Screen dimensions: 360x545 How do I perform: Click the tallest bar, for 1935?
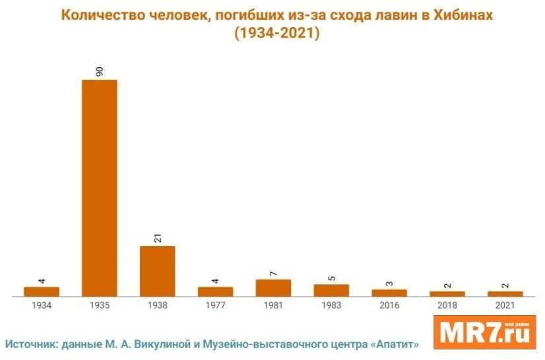coord(99,188)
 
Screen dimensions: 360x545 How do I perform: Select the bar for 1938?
coord(157,271)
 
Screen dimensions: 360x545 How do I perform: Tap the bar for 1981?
coord(273,288)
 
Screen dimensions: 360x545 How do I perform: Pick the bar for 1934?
coord(41,291)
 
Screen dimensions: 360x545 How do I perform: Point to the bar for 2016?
coord(389,293)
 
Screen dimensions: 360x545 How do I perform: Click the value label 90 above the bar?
coord(100,71)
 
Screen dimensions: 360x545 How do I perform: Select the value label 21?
coord(158,237)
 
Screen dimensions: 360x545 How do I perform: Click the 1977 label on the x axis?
coord(215,306)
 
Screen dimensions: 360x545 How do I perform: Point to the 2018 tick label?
coord(447,306)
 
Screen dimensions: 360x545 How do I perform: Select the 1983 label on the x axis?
coord(331,306)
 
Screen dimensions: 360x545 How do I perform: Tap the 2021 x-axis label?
coord(505,306)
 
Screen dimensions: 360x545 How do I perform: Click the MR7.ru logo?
coord(484,332)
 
